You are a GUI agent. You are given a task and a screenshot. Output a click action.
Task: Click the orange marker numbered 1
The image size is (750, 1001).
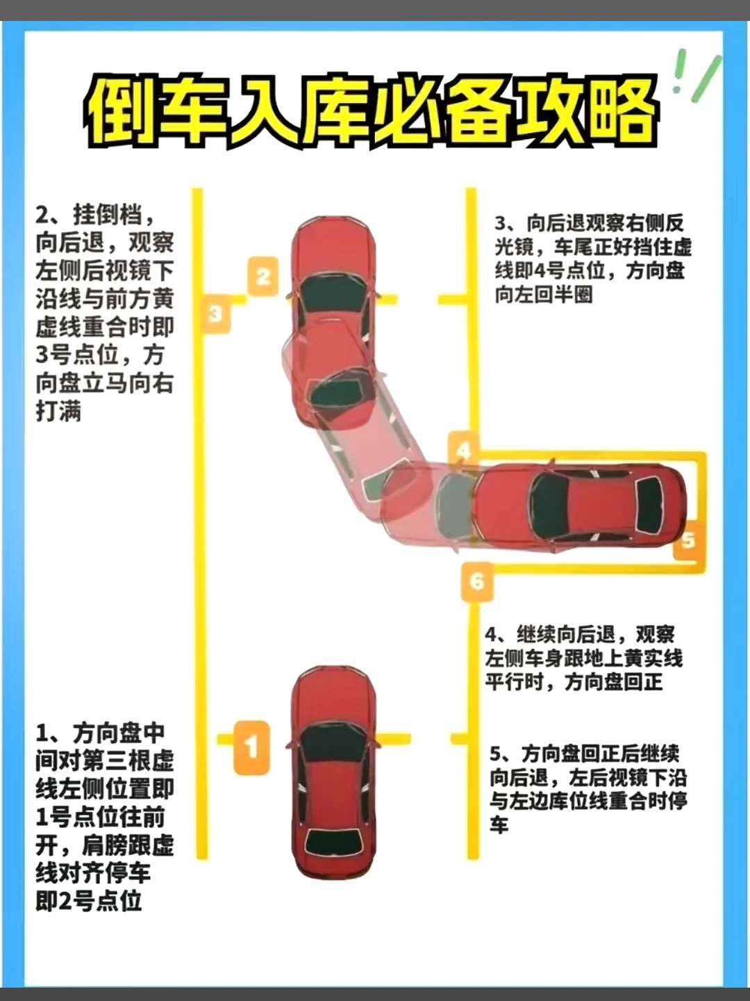pos(252,747)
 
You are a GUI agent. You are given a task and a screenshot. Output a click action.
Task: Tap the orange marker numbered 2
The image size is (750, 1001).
pos(262,277)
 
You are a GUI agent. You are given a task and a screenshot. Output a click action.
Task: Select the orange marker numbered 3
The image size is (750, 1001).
pos(215,314)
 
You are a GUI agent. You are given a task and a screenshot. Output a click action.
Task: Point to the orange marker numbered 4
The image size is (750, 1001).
pos(463,451)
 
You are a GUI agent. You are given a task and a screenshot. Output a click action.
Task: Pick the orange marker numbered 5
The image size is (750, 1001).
pos(688,540)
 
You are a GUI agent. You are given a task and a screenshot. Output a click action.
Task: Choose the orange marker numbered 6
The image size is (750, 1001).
pos(477,581)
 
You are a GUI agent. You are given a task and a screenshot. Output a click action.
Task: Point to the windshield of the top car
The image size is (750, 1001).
pos(334,293)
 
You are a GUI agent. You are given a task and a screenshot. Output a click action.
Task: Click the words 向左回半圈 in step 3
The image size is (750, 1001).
pos(544,295)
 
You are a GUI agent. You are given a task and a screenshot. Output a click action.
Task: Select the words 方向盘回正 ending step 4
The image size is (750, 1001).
pos(613,683)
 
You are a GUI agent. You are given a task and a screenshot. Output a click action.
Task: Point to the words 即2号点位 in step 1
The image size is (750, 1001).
pos(90,901)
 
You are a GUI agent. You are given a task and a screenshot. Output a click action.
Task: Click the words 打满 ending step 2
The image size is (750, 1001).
pos(58,411)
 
